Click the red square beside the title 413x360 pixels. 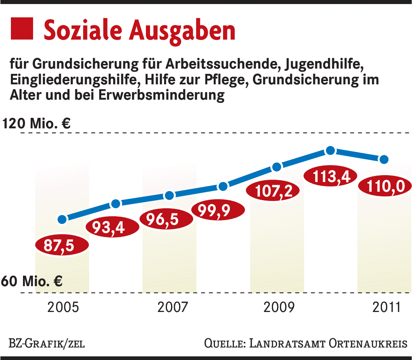(x=21, y=29)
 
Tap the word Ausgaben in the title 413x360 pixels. (x=182, y=30)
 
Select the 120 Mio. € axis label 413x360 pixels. (x=36, y=123)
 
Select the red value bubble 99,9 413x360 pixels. (x=218, y=210)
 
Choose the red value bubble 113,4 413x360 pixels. (x=329, y=175)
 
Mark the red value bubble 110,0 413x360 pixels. (x=383, y=187)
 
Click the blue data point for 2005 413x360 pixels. (x=62, y=220)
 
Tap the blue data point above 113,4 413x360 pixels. (x=330, y=151)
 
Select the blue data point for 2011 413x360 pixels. (x=384, y=159)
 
